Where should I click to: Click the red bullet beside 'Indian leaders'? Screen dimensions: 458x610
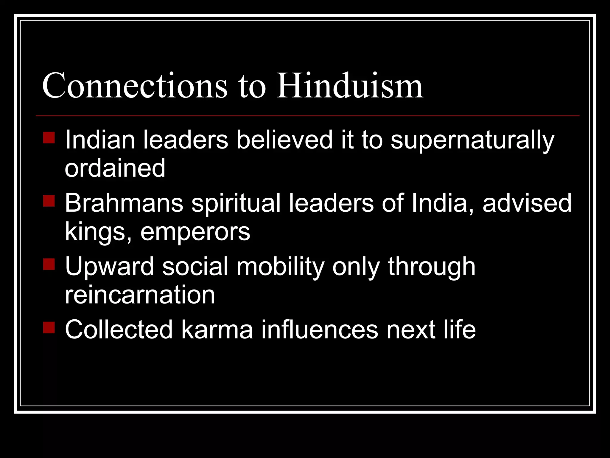point(49,138)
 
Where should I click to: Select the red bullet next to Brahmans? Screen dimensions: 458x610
point(49,201)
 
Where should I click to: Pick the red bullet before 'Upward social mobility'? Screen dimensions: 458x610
point(49,264)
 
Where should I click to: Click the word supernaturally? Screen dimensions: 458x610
point(472,140)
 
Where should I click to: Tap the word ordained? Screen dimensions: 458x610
point(115,168)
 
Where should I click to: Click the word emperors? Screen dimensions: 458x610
point(195,232)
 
